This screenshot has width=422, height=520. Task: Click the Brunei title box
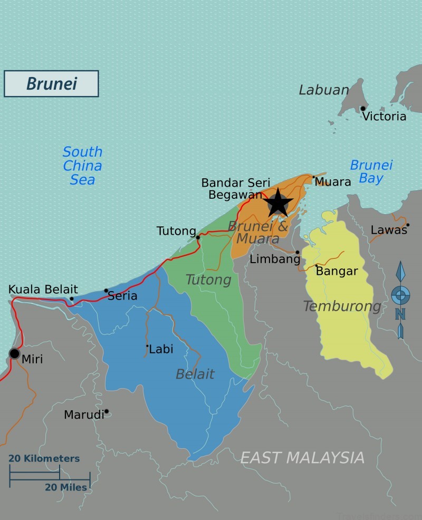[x=51, y=84]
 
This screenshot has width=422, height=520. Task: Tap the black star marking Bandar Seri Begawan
[x=277, y=203]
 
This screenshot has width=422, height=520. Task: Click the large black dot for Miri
[x=14, y=353]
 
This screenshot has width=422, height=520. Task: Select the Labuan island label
[x=323, y=90]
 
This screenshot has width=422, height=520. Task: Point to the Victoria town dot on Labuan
[x=363, y=109]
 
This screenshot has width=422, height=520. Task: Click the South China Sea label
[x=82, y=166]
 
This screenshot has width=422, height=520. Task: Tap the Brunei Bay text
[x=371, y=172]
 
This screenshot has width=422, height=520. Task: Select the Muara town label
[x=333, y=182]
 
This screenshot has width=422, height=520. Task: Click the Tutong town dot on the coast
[x=198, y=237]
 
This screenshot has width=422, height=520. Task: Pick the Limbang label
[x=275, y=259]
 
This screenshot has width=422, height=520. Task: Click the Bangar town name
[x=337, y=272]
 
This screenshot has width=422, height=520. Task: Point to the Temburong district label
[x=342, y=306]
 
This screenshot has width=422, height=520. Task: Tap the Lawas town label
[x=389, y=230]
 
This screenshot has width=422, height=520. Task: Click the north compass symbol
[x=400, y=298]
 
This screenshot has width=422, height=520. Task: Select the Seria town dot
[x=106, y=291]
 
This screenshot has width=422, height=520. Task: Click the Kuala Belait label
[x=43, y=290]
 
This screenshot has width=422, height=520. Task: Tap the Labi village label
[x=161, y=349]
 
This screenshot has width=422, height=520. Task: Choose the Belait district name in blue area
[x=195, y=374]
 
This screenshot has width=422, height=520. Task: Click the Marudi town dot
[x=107, y=411]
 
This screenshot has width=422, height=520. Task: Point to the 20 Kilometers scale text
[x=44, y=458]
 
